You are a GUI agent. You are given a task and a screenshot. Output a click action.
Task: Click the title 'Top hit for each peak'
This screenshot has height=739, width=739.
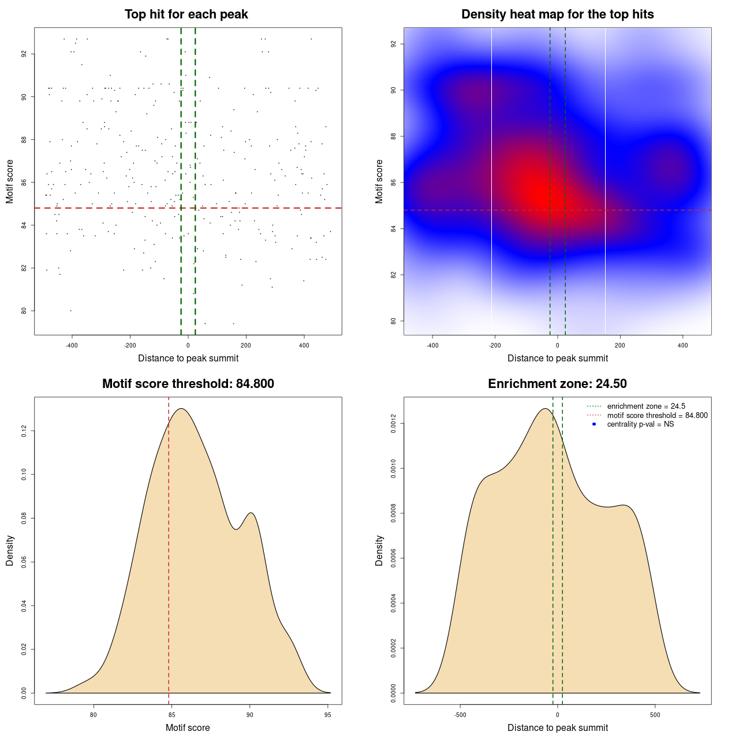[186, 14]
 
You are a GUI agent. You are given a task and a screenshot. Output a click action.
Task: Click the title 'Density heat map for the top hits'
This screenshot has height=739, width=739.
[557, 14]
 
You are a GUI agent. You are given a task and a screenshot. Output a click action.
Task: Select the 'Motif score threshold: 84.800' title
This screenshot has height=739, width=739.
[188, 384]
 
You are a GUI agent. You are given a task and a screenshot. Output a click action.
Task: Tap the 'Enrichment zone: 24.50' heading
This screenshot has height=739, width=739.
[557, 384]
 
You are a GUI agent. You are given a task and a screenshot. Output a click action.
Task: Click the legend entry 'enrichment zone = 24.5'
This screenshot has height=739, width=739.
[646, 406]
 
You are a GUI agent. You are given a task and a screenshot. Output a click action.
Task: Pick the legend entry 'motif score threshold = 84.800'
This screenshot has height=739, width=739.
[657, 415]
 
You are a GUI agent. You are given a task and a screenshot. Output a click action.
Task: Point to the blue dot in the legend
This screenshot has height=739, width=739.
[594, 424]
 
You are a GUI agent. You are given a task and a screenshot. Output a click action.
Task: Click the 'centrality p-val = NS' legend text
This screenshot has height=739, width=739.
[640, 424]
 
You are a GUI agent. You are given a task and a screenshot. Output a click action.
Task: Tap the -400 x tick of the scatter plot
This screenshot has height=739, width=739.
[72, 345]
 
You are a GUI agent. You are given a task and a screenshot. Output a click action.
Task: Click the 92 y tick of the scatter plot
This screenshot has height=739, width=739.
[24, 54]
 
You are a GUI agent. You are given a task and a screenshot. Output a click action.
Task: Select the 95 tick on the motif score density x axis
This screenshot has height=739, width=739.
[328, 715]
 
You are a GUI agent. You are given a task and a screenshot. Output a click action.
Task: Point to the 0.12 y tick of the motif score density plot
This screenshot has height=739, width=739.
[24, 431]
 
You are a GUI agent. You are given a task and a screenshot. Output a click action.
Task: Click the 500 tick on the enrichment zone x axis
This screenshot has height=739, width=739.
[655, 715]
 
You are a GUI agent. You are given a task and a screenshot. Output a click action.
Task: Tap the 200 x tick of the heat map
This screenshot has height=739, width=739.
[620, 345]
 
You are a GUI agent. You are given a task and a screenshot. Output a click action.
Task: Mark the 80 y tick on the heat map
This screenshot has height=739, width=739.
[394, 321]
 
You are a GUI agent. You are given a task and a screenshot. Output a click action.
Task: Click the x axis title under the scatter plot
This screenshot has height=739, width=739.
[188, 359]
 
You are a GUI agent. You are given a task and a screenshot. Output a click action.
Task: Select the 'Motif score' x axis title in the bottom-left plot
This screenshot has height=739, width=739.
[188, 728]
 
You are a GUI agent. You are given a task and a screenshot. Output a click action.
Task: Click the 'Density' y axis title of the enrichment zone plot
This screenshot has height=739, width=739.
[379, 550]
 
